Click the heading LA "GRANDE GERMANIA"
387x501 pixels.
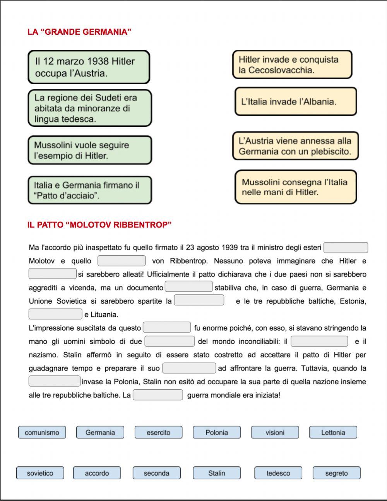coord(79,32)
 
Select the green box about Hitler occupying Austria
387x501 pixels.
coord(89,67)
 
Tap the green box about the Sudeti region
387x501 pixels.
coord(89,108)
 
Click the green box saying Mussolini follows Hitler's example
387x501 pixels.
coord(89,150)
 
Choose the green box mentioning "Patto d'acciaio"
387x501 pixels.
coord(89,190)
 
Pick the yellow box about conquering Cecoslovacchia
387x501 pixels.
coord(292,65)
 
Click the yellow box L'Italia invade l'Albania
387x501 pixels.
coord(295,102)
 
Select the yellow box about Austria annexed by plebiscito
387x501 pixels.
coord(295,146)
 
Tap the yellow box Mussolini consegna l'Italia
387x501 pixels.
coord(295,187)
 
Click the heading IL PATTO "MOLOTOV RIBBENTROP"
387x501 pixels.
coord(99,225)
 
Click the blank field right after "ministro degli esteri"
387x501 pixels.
coord(346,248)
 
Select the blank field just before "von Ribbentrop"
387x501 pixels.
coord(122,261)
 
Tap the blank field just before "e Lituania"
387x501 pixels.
coord(55,314)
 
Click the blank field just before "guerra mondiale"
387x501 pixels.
coord(158,395)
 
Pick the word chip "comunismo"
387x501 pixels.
coord(42,432)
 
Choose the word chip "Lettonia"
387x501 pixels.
coord(333,432)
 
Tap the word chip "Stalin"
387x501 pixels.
coord(217,473)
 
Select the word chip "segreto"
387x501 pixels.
coord(336,473)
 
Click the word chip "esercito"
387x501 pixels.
coord(158,432)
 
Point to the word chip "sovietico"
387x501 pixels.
coord(40,473)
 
